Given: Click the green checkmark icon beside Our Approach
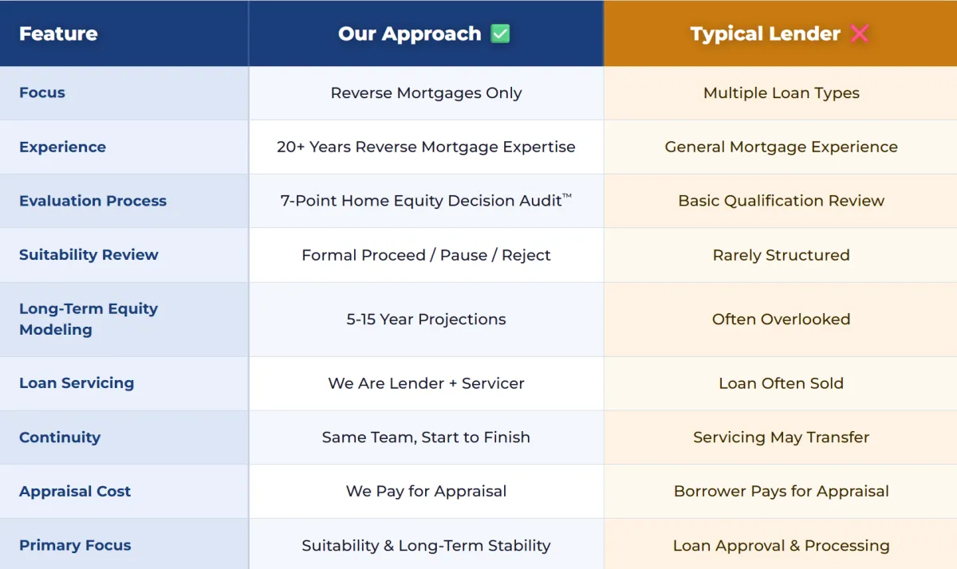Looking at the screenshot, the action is pyautogui.click(x=500, y=33).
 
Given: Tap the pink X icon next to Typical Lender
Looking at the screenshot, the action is pyautogui.click(x=860, y=33).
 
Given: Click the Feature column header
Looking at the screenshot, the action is pyautogui.click(x=58, y=33).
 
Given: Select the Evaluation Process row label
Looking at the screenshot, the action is pyautogui.click(x=93, y=201).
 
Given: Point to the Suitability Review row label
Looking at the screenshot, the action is pyautogui.click(x=89, y=255).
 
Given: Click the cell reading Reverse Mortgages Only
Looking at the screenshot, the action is pyautogui.click(x=426, y=93).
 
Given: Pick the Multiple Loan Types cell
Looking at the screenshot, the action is pyautogui.click(x=781, y=93).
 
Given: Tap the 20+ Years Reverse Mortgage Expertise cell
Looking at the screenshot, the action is pyautogui.click(x=426, y=147).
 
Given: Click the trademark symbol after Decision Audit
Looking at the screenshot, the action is pyautogui.click(x=566, y=195).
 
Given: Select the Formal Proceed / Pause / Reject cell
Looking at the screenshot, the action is pyautogui.click(x=426, y=255).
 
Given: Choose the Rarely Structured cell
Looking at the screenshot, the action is pyautogui.click(x=781, y=255).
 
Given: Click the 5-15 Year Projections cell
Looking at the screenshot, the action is pyautogui.click(x=426, y=320).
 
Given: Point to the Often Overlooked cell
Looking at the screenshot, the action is pyautogui.click(x=781, y=320).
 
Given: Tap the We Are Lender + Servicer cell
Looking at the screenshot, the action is pyautogui.click(x=426, y=383).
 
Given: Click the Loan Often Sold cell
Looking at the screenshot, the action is pyautogui.click(x=781, y=383).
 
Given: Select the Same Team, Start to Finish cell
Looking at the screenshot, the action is pyautogui.click(x=426, y=437).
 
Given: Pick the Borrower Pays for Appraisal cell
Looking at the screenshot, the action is pyautogui.click(x=781, y=492).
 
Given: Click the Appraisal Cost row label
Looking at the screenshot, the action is pyautogui.click(x=75, y=492).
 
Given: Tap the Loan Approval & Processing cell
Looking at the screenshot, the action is pyautogui.click(x=781, y=546).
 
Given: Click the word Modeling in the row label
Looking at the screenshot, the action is pyautogui.click(x=56, y=330).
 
